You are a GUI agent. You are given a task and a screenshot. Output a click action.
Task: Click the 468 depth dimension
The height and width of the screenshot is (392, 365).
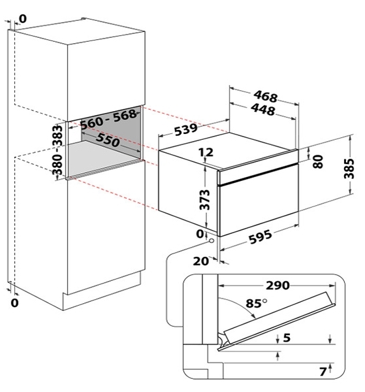click(265, 97)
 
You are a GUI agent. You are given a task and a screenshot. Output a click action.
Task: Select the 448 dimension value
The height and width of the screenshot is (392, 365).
click(263, 110)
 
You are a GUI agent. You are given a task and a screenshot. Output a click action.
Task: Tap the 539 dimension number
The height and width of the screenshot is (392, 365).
click(186, 129)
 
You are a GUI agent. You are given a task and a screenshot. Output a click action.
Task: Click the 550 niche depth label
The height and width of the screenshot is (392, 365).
click(108, 140)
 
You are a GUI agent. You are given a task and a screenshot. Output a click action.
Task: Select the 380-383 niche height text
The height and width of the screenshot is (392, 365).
click(57, 150)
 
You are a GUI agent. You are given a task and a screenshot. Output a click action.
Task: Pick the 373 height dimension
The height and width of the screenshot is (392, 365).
click(206, 199)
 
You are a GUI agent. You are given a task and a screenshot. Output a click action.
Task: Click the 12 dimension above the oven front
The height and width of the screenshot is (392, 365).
click(206, 152)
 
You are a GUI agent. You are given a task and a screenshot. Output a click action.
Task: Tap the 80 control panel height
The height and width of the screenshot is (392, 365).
click(318, 161)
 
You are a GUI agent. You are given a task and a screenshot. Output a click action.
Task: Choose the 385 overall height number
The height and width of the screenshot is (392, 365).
click(349, 169)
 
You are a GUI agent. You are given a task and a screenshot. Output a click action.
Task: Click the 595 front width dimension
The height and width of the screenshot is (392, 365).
click(260, 237)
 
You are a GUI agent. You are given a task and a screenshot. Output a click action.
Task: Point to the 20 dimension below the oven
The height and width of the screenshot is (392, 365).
click(200, 261)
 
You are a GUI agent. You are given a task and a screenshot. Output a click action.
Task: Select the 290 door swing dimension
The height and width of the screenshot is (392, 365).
click(278, 286)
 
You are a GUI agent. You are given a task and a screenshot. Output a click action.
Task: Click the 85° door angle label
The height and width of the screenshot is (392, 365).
click(257, 303)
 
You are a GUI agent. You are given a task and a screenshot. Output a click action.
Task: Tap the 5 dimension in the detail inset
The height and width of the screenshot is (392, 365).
click(287, 338)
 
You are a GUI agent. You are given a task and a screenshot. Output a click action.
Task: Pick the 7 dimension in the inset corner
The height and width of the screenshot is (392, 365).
click(323, 372)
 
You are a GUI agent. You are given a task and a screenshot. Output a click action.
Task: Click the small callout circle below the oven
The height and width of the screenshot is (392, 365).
click(212, 241)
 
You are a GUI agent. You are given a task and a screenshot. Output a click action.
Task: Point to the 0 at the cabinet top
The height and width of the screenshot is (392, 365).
click(22, 19)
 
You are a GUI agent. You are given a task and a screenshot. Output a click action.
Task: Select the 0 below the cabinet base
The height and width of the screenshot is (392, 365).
click(15, 302)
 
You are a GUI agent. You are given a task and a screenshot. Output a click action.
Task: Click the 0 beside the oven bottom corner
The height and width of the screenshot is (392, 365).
click(200, 234)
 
